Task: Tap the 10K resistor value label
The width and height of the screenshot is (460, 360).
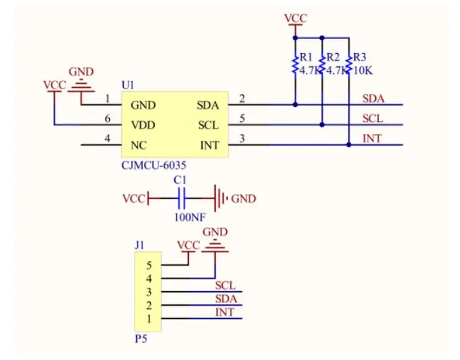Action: coord(363,70)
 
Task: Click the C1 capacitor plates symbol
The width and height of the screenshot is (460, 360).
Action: coord(182,198)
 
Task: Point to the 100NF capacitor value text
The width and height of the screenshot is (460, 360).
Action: coord(190,217)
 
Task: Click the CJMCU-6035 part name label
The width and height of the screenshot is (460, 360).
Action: coord(154,165)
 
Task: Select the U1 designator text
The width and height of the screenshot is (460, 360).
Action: coord(128,85)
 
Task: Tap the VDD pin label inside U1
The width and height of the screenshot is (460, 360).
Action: coord(143,125)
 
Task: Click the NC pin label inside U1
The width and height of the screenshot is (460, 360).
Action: coord(139,145)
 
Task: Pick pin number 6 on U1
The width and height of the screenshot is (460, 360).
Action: coord(108,118)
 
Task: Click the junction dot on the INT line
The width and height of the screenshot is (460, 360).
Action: coord(348,144)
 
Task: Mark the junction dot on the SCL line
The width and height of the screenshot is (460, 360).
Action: coord(322,125)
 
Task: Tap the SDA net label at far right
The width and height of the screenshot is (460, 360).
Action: coord(373,99)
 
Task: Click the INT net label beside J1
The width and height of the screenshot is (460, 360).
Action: coord(225,312)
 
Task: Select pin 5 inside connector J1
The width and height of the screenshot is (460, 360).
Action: coord(149,265)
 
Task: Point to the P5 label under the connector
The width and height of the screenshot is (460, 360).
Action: coord(141,339)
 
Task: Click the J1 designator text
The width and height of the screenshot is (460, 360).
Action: coord(140,245)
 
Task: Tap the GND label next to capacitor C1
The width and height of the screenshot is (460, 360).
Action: coord(244,199)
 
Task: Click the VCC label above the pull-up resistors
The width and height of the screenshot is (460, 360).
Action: coord(296,18)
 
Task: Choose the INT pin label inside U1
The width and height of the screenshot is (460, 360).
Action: coord(210,145)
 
